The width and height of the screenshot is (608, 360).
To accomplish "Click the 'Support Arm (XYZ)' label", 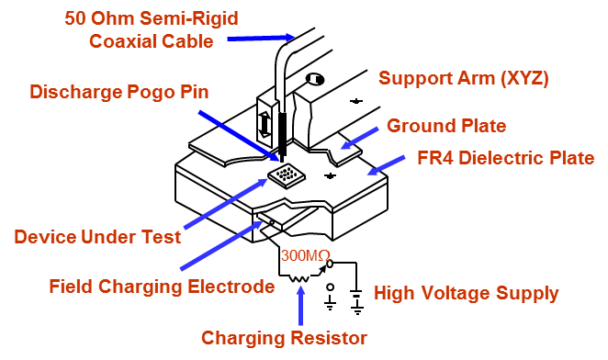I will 464,78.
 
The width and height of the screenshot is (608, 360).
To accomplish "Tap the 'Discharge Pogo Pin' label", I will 119,92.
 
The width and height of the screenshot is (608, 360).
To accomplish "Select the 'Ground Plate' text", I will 446,125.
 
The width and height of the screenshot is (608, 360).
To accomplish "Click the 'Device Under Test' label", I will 97,237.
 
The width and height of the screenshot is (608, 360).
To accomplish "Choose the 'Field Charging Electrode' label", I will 162,287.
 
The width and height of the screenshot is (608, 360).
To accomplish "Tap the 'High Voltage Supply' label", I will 466,294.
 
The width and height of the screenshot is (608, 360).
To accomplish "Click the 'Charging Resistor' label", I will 285,337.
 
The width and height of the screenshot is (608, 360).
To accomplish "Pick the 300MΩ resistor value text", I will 300,254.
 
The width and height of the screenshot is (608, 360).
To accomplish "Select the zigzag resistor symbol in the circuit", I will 300,274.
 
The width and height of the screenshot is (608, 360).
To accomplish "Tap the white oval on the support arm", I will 313,79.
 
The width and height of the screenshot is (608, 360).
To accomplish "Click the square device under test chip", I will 287,174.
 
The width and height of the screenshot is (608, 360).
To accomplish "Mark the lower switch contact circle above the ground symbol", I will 331,287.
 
